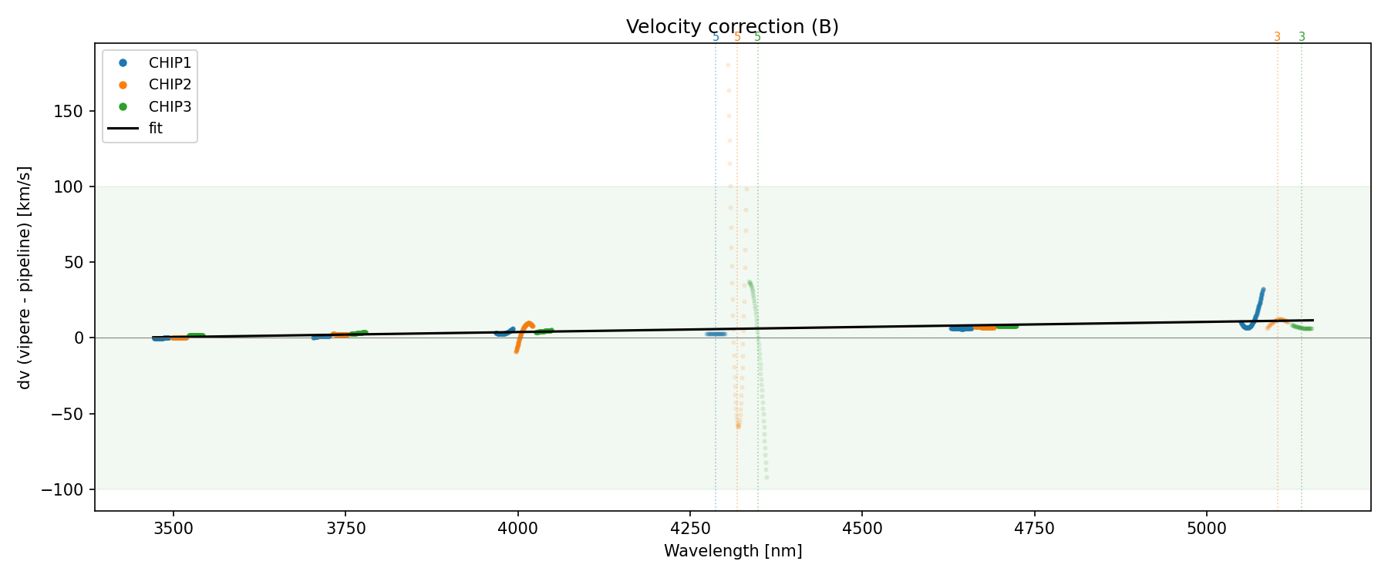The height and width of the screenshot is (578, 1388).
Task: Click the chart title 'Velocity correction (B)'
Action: [732, 27]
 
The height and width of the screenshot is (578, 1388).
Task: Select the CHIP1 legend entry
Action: [170, 62]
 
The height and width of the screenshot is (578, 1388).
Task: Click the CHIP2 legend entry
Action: [170, 85]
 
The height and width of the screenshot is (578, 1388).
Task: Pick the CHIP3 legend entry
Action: [170, 106]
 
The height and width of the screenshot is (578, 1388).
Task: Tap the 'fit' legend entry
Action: [155, 129]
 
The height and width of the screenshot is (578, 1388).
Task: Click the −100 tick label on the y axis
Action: [64, 490]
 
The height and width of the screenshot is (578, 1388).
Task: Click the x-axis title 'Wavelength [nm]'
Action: [733, 551]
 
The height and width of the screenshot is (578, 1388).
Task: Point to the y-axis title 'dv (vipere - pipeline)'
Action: [25, 277]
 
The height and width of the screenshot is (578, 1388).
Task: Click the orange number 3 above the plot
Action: [1277, 37]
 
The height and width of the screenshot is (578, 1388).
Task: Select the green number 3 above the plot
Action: [1302, 37]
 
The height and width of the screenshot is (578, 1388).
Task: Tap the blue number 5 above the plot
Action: [716, 37]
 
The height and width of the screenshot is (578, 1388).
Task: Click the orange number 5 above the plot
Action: [737, 37]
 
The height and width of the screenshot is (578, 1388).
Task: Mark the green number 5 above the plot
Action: [757, 37]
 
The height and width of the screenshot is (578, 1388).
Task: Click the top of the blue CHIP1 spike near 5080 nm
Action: [1262, 290]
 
